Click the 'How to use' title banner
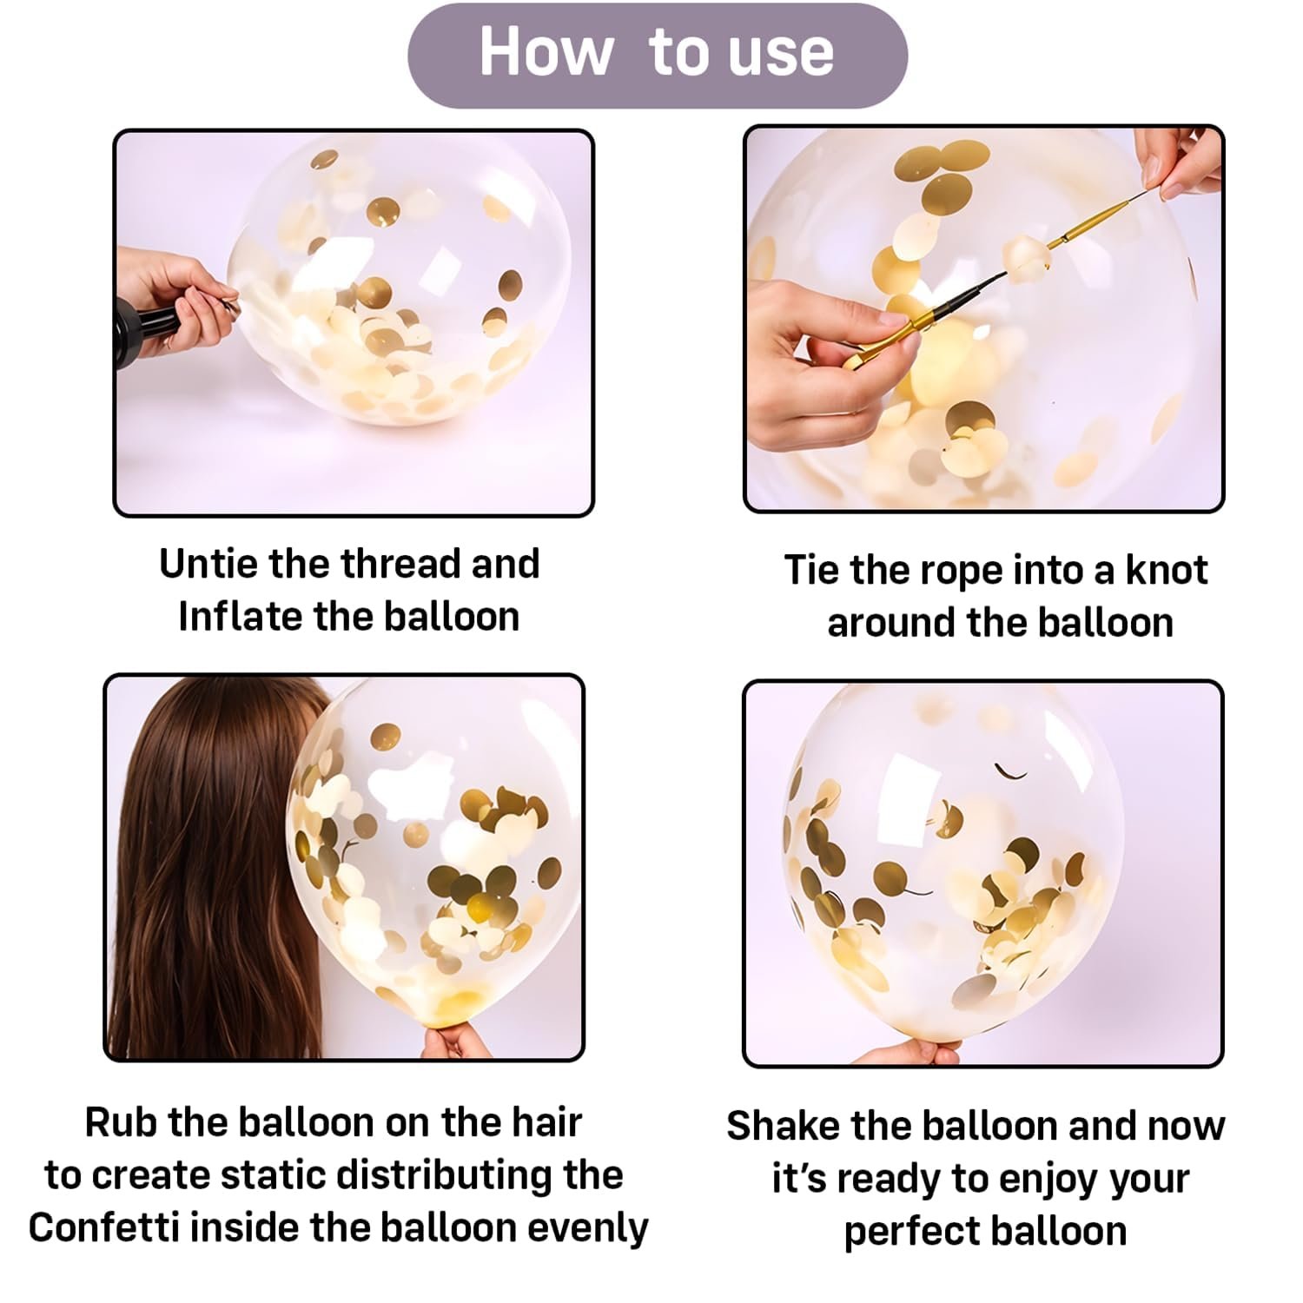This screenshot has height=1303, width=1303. (x=658, y=56)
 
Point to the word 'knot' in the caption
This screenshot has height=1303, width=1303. (x=1167, y=570)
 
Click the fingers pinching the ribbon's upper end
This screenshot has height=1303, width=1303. (x=1179, y=162)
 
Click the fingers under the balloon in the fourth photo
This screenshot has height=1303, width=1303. (x=908, y=1052)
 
